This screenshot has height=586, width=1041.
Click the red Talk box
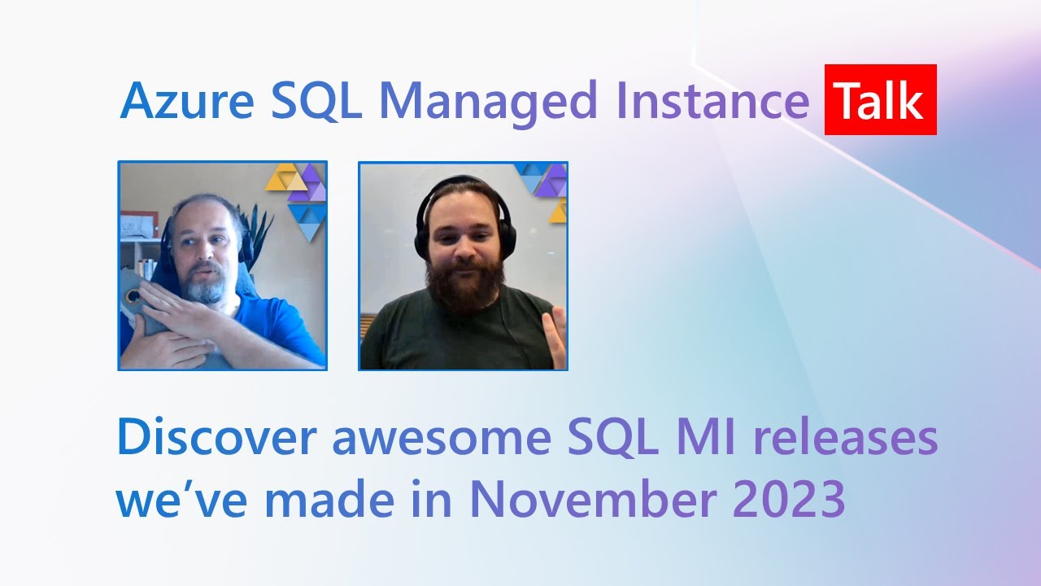coord(880,100)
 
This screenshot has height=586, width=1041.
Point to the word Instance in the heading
coord(712,102)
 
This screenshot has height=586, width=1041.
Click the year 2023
coord(789,500)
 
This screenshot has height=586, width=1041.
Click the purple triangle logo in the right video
coord(551,180)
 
